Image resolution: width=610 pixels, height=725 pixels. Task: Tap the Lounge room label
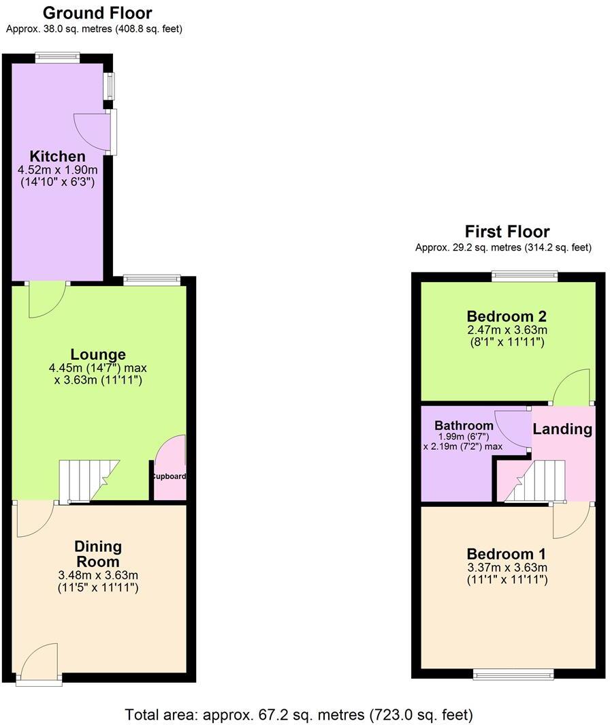[x=98, y=354]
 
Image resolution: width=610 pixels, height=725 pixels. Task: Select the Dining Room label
[x=98, y=554]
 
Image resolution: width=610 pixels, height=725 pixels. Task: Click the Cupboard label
[x=168, y=477]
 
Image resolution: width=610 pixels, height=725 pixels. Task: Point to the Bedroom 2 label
[x=507, y=316]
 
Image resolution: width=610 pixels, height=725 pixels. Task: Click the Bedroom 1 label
[x=507, y=553]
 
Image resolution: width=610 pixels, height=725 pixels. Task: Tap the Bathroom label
[x=464, y=426]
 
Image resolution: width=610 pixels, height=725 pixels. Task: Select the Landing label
[x=562, y=429]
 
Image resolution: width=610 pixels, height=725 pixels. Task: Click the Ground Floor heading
[x=97, y=12]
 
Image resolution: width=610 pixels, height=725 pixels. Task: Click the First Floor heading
[x=507, y=231]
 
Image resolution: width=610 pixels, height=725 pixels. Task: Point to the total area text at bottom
[x=298, y=715]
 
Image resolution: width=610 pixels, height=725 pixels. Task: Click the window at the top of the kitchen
[x=58, y=57]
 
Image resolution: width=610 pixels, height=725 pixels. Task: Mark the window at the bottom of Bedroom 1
[x=514, y=675]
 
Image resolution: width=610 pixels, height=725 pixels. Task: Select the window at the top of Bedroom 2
[x=525, y=276]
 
